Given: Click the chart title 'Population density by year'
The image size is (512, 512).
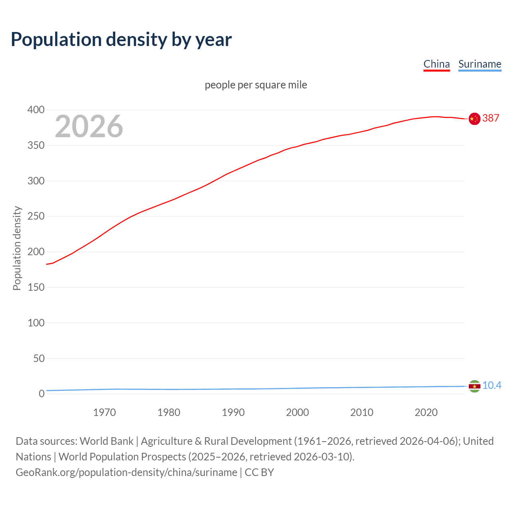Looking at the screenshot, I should (121, 40).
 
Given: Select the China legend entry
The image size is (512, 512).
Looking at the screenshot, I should (436, 64).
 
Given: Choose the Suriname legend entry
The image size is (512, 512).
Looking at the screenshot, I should (480, 64).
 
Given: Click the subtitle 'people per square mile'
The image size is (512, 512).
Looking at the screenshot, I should (256, 85).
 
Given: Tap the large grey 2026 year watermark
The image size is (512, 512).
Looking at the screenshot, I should (89, 126).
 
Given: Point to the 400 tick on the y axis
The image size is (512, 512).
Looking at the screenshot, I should (36, 110).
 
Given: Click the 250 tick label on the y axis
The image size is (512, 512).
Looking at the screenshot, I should (36, 216).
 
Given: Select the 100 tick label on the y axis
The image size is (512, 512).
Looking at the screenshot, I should (36, 323).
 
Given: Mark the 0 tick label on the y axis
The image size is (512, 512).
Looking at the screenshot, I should (42, 394).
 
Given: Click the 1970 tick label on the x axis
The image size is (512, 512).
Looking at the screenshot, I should (104, 412).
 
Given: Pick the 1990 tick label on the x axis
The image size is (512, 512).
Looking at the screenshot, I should (233, 412).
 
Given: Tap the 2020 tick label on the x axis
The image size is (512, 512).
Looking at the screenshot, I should (426, 412).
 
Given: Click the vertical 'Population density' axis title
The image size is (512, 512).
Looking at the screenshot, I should (17, 248).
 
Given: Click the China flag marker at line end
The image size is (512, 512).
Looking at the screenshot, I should (474, 119).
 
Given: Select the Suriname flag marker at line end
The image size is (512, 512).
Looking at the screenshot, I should (474, 386).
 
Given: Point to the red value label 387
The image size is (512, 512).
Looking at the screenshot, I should (491, 118).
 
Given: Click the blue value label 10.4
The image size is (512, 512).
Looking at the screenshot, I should (492, 386).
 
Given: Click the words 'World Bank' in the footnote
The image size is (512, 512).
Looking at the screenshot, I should (106, 441).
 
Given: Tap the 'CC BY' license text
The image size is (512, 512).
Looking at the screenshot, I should (259, 472).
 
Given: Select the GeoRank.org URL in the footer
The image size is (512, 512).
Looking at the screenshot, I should (126, 472).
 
